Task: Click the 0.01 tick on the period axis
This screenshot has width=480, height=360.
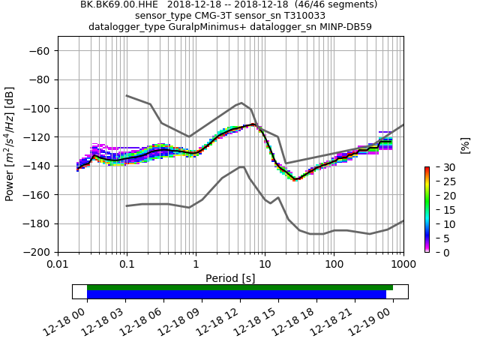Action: pos(58,264)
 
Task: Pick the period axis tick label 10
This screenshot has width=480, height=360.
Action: pos(265,264)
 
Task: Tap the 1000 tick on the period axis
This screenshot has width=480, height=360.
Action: pos(403,264)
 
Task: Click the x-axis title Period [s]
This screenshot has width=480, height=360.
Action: pos(230,278)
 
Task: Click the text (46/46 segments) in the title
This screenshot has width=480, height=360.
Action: pos(331,4)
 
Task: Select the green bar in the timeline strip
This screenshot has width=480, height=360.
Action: pos(240,287)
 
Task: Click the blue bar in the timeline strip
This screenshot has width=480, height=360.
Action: pos(236,295)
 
